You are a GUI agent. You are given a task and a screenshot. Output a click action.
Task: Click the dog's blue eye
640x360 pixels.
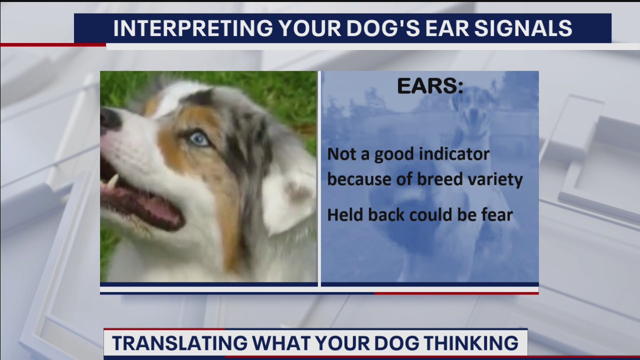coord(198,138)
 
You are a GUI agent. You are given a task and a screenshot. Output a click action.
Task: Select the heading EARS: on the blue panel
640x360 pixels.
coord(430,86)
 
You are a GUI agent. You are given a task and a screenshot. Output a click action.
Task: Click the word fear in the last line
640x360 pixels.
coord(495,215)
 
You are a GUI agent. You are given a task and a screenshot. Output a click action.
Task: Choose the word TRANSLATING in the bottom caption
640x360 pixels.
coord(179,343)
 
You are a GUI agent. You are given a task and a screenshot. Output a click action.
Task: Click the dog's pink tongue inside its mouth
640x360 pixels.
coord(150,207)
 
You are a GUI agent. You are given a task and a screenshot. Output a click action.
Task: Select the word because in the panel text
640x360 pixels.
coord(359,179)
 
